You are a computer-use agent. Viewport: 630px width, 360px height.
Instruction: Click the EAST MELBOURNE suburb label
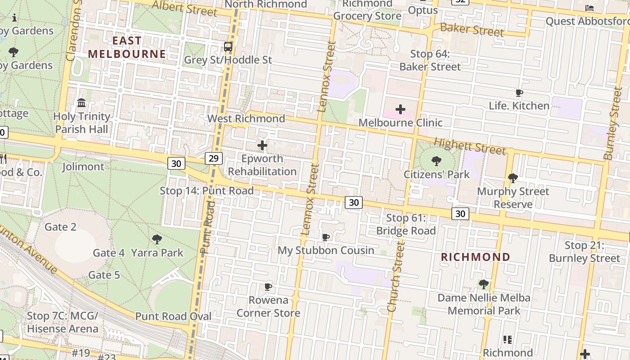coord(127,47)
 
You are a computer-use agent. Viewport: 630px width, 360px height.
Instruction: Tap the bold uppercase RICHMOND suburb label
coord(476,257)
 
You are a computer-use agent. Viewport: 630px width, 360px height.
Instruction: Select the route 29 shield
coord(214,157)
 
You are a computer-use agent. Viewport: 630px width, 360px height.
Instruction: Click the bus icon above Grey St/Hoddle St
coord(228,46)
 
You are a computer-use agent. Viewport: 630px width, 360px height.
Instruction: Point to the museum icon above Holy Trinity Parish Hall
coord(81,103)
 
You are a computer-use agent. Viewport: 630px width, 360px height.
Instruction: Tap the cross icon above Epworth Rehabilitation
coord(262,145)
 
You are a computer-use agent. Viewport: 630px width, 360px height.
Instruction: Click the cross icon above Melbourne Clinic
coord(400,109)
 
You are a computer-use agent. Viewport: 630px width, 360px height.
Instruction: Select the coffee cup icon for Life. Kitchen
coord(519,93)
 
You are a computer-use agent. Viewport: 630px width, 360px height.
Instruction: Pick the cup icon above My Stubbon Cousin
coord(326,237)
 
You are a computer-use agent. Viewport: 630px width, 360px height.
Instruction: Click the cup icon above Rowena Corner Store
coord(268,287)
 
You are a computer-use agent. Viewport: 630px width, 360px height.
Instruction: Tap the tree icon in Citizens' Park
coord(436,161)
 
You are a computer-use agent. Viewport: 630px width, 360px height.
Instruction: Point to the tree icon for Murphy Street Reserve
coord(513,178)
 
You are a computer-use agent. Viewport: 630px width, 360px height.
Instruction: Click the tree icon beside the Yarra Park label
coord(157,239)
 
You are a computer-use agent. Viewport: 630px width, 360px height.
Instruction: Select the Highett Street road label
coord(469,146)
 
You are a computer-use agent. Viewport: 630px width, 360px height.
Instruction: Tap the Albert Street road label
coord(184,8)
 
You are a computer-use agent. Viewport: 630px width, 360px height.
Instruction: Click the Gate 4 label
coord(108,253)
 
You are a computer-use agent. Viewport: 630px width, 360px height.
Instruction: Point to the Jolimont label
coord(83,166)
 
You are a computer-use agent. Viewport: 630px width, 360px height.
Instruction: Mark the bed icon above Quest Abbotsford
coord(589,8)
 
